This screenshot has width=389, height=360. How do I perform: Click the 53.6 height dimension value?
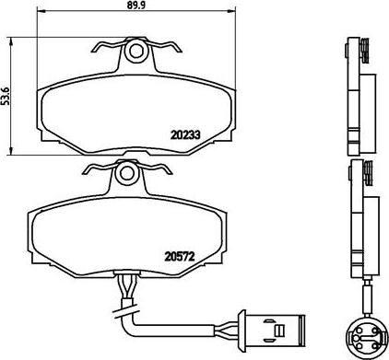point(6,96)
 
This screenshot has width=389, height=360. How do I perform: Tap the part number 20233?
point(185,134)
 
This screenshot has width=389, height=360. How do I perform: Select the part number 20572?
point(180,256)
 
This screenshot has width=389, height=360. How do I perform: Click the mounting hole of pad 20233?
point(136,51)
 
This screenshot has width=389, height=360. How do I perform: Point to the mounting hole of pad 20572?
point(126,174)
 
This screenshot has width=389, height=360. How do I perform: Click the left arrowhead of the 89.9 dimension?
point(41,11)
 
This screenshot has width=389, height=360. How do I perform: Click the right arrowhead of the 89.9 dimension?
point(231,11)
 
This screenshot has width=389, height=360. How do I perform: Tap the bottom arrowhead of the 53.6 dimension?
point(11,151)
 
